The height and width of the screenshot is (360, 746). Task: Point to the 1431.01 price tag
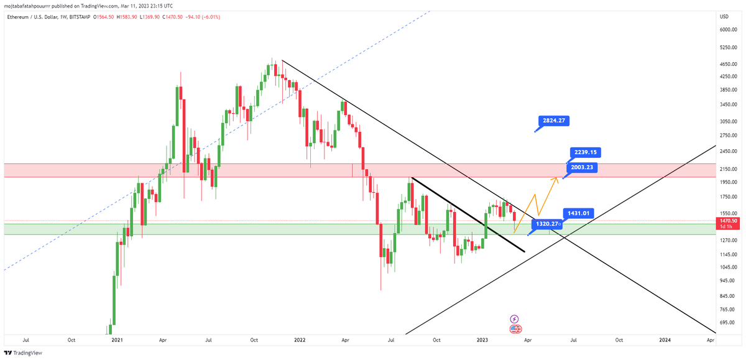(x=578, y=213)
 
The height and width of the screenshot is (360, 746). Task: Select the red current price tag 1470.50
(x=728, y=221)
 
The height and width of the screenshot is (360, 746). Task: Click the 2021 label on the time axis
(x=117, y=340)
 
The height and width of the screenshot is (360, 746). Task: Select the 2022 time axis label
(x=300, y=340)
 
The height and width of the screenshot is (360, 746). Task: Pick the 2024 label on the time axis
(x=665, y=340)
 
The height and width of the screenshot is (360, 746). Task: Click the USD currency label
(x=724, y=16)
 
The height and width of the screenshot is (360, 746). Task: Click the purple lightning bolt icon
(x=514, y=318)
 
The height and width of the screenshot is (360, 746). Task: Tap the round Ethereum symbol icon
(x=515, y=328)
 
